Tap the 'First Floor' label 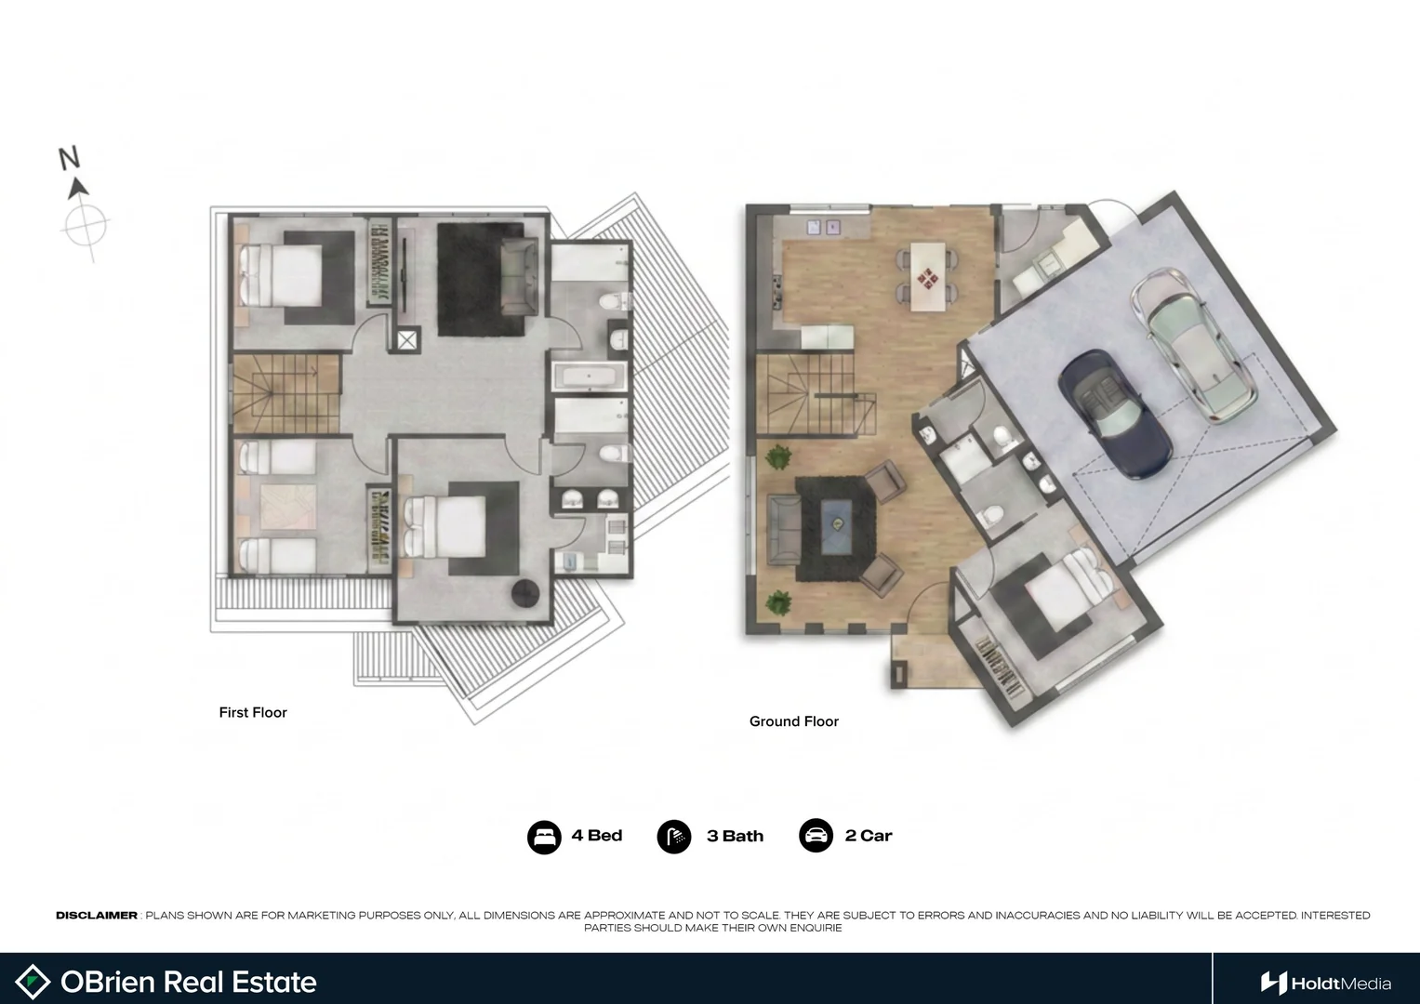pyautogui.click(x=253, y=712)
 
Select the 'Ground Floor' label pyautogui.click(x=793, y=721)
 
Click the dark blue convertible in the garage pyautogui.click(x=1115, y=415)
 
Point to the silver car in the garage pyautogui.click(x=1193, y=344)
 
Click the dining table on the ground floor pyautogui.click(x=927, y=276)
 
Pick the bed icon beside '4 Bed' pyautogui.click(x=544, y=837)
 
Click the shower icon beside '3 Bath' pyautogui.click(x=674, y=837)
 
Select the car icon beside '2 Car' pyautogui.click(x=816, y=836)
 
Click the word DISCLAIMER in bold pyautogui.click(x=97, y=916)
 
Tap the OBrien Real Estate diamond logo pyautogui.click(x=33, y=982)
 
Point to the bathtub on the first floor pyautogui.click(x=589, y=376)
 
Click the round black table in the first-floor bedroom pyautogui.click(x=525, y=593)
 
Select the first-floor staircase pyautogui.click(x=285, y=393)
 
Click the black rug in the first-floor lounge pyautogui.click(x=481, y=280)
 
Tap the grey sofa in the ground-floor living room pyautogui.click(x=785, y=530)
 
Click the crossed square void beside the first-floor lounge pyautogui.click(x=407, y=340)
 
